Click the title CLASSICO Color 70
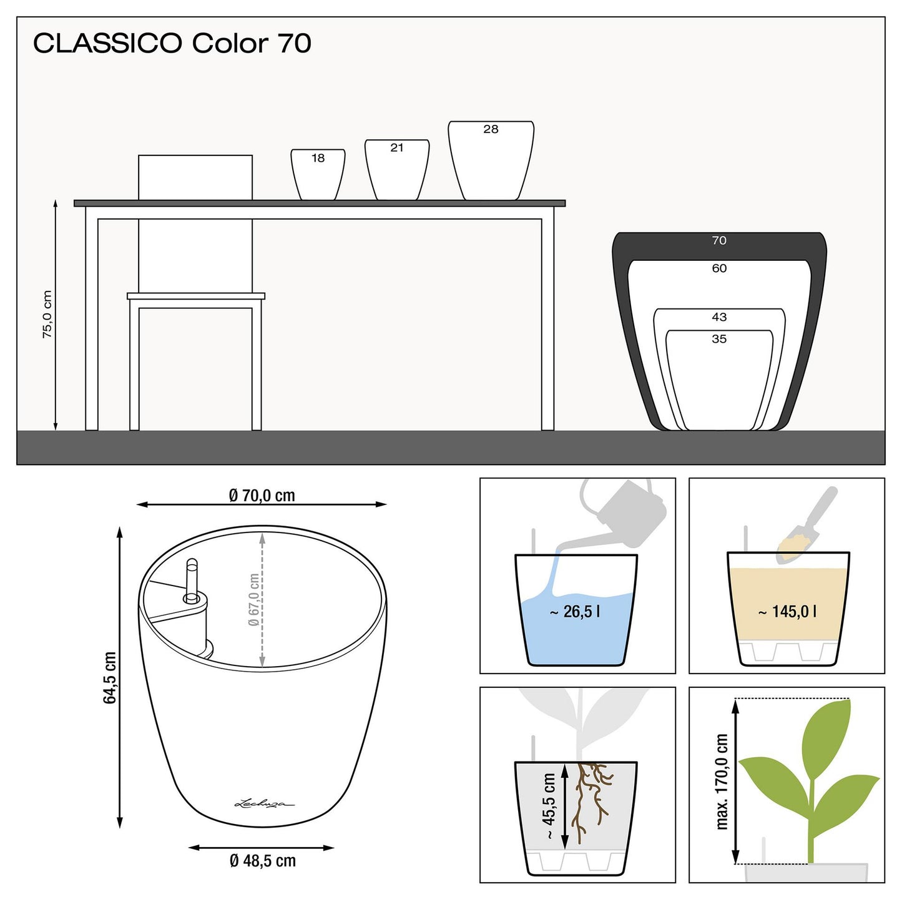pos(172,43)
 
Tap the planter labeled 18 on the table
pos(318,175)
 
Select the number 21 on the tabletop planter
pos(396,148)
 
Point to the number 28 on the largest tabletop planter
pos(491,129)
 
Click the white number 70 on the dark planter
pos(719,240)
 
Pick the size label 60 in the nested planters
pos(719,268)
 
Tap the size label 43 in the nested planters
pos(719,317)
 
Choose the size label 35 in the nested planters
pos(719,338)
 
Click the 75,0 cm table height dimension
pos(47,314)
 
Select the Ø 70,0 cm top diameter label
pos(262,495)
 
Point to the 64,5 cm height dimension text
pos(110,677)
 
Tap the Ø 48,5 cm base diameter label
pos(262,860)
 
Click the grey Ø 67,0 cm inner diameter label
pos(253,600)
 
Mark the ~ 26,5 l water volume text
pos(575,611)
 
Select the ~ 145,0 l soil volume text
pos(787,611)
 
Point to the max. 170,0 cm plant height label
pos(722,782)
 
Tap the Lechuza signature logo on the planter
pos(265,804)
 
